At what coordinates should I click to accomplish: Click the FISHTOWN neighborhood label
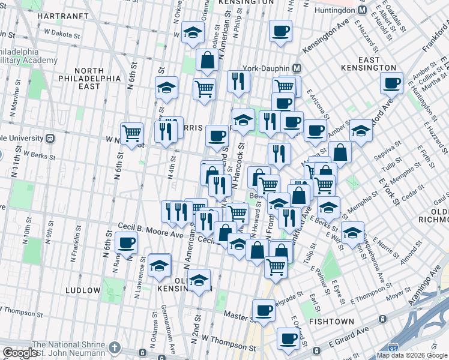[331, 322]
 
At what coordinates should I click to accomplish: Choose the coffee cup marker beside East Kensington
[391, 83]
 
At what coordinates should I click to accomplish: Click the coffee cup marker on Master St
[264, 310]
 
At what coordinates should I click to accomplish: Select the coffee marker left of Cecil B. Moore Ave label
[126, 243]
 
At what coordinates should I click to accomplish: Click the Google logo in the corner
[20, 353]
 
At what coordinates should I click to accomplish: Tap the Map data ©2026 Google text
[412, 355]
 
